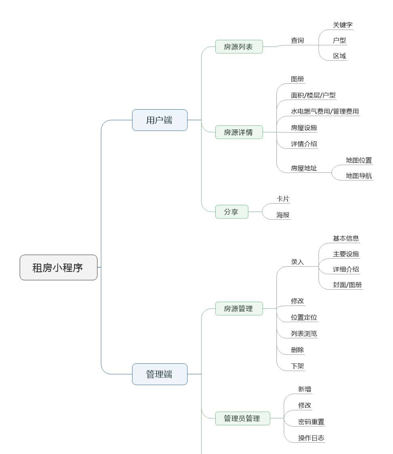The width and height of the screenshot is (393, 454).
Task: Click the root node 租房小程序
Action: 58,267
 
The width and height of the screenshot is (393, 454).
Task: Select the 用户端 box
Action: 159,120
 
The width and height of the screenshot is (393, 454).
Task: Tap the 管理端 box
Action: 159,374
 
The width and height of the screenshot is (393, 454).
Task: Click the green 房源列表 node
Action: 239,47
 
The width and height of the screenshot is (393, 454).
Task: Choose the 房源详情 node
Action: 239,132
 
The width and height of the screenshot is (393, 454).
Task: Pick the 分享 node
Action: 232,212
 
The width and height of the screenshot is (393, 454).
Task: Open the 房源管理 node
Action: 239,309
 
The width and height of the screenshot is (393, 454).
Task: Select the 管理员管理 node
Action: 242,418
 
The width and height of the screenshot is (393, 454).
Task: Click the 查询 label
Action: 297,40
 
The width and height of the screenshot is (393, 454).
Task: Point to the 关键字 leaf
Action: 342,25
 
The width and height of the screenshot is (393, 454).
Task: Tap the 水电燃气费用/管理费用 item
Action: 325,111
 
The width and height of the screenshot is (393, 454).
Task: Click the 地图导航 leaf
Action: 359,176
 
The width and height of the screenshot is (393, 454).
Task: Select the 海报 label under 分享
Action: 283,215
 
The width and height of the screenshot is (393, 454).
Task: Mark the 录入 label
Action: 297,262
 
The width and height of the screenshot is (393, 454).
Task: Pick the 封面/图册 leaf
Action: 347,284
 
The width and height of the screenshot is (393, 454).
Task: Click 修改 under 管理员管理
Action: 305,405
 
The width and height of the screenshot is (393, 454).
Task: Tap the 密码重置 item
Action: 311,422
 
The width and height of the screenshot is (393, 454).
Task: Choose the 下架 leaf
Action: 297,367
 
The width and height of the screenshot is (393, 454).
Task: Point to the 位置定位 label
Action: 304,318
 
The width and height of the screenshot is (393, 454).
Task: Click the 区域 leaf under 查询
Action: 340,56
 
